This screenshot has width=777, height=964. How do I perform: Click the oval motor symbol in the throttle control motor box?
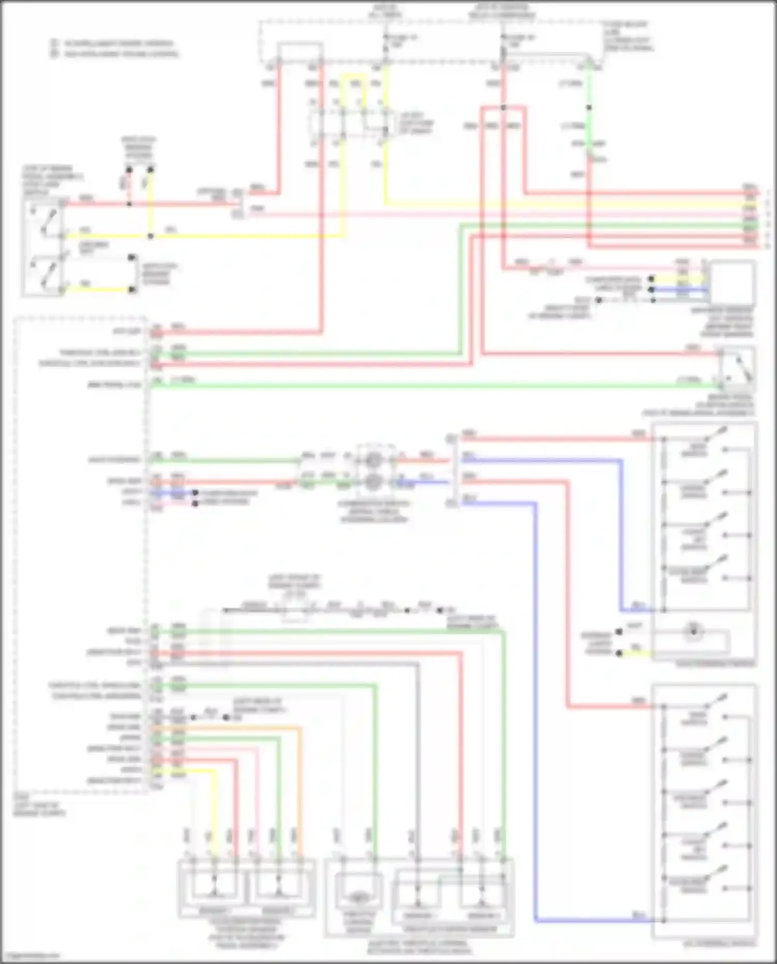[x=357, y=898]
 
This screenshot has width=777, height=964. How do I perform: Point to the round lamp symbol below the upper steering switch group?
[x=694, y=631]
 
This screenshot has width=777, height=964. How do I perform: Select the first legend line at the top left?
[x=116, y=44]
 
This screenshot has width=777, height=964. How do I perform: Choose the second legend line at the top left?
[x=116, y=53]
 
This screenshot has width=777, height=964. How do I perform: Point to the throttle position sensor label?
[x=451, y=929]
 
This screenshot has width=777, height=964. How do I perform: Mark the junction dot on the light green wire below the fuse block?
[x=588, y=108]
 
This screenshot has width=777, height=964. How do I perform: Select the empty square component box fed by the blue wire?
[x=732, y=283]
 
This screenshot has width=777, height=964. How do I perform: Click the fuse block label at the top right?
[x=627, y=36]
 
